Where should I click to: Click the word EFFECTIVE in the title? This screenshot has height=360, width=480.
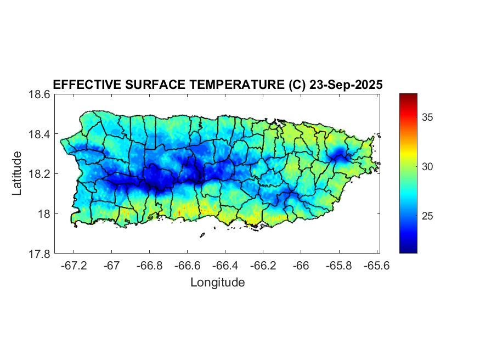tap(83, 85)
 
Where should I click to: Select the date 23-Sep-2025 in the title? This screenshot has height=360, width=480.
tap(346, 85)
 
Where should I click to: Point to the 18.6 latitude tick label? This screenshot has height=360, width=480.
tap(39, 94)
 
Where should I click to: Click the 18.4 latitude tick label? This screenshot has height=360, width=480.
tap(39, 134)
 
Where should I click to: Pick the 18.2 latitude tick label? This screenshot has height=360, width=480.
tap(39, 174)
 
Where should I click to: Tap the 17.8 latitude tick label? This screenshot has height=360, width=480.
tap(39, 254)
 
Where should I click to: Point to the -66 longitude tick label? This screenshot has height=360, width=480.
tap(301, 266)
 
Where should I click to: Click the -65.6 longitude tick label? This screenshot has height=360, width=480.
tap(376, 266)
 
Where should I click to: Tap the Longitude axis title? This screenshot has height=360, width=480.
tap(217, 283)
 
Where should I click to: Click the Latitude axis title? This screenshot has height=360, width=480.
tap(17, 173)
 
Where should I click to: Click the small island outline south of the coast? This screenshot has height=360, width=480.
tap(202, 235)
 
